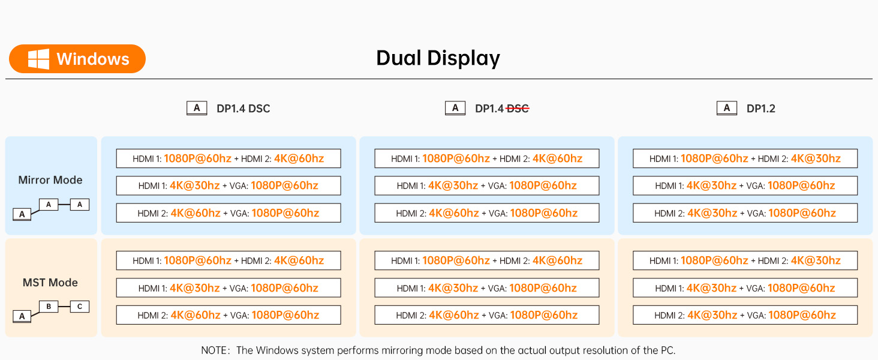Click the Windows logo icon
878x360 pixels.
[x=38, y=59]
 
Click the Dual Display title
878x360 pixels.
[x=438, y=58]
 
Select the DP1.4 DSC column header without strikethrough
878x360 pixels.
[x=243, y=109]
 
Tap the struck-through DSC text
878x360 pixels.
[x=518, y=109]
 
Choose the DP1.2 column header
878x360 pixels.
[x=760, y=109]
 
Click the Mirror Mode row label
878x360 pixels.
[x=50, y=180]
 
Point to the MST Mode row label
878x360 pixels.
[x=50, y=283]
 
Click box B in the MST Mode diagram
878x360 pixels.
[x=49, y=307]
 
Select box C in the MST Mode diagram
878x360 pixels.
[x=80, y=307]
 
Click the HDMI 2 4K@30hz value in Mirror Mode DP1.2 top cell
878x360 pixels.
[x=816, y=158]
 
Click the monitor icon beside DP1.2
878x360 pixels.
[x=727, y=108]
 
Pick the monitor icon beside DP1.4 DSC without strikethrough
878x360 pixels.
[x=197, y=108]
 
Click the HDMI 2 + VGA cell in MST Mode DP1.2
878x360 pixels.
[x=745, y=315]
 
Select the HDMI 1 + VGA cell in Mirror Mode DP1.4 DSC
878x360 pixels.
[x=228, y=185]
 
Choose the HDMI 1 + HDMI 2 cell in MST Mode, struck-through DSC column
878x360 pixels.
[x=487, y=260]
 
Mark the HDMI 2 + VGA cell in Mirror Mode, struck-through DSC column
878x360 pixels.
[x=487, y=213]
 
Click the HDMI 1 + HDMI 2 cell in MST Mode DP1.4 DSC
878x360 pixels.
[x=228, y=260]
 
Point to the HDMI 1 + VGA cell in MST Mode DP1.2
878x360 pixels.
[x=745, y=288]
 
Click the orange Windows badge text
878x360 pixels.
[x=93, y=59]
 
